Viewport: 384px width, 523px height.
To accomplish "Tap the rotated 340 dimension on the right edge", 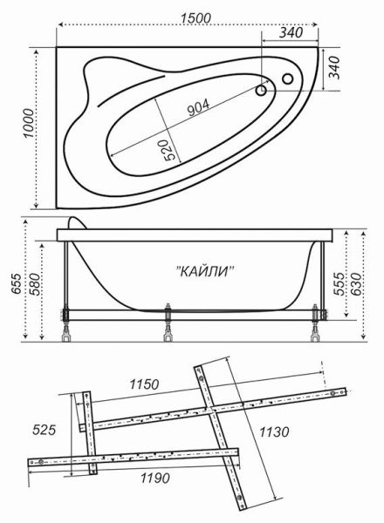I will pyautogui.click(x=333, y=66).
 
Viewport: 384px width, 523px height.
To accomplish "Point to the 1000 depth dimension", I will pyautogui.click(x=27, y=128).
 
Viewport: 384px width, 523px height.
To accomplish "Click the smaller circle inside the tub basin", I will pyautogui.click(x=261, y=89).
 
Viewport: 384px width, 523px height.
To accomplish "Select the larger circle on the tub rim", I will pyautogui.click(x=287, y=79).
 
